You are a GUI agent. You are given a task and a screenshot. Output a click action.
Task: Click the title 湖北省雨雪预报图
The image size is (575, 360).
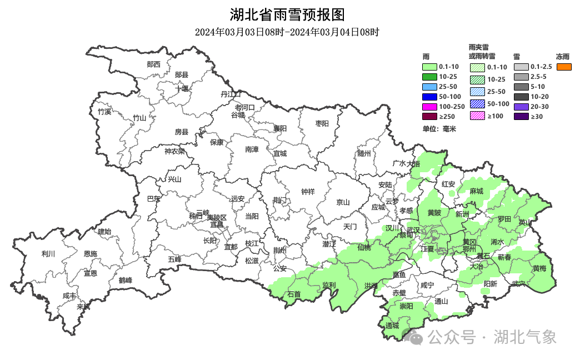click(287, 14)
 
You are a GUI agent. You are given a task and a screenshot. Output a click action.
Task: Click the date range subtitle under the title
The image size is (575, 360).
click(287, 32)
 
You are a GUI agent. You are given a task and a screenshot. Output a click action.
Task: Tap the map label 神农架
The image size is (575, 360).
click(174, 151)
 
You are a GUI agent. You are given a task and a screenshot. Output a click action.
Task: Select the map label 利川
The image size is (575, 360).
click(49, 254)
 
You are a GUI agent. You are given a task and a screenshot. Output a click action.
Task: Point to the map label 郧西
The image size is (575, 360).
click(153, 64)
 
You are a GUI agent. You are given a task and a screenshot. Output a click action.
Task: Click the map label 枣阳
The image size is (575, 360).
click(322, 123)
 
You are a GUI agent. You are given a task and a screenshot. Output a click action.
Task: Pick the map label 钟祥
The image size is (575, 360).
click(308, 192)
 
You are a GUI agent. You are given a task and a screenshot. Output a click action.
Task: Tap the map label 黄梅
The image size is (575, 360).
click(539, 268)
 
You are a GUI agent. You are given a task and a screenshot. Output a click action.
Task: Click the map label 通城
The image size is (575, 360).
click(392, 326)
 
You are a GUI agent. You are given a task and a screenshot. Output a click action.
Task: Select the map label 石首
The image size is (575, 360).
click(294, 294)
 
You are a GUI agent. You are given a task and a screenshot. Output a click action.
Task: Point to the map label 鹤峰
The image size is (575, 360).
click(126, 281)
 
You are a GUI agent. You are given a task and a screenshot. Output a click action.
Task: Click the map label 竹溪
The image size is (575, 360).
click(104, 112)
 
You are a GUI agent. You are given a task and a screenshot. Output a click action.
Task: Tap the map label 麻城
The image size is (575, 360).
click(476, 191)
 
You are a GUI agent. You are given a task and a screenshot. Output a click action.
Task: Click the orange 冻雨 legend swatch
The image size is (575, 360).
click(564, 67)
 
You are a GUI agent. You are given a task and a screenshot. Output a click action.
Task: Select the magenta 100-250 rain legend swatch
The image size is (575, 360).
click(430, 107)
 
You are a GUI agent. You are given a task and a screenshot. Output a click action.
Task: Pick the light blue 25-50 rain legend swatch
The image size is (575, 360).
click(430, 87)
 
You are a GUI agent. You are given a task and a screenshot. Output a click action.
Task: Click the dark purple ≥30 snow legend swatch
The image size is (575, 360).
click(521, 117)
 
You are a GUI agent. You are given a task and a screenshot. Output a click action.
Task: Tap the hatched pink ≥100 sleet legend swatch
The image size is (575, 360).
click(477, 116)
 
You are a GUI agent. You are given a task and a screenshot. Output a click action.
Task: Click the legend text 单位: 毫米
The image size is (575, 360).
click(439, 129)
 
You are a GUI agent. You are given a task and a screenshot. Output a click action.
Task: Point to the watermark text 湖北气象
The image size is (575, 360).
click(524, 337)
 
